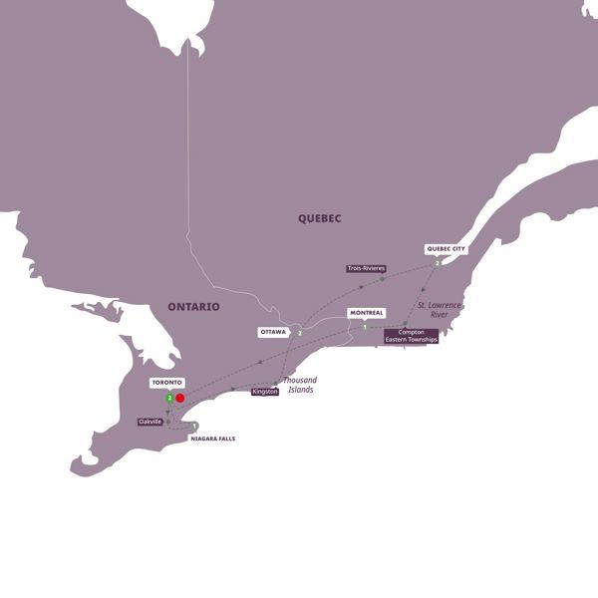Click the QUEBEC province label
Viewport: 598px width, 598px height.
(319, 217)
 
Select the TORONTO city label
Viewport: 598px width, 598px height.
(165, 382)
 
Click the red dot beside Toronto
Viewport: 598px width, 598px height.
(180, 398)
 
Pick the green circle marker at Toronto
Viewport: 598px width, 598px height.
(169, 398)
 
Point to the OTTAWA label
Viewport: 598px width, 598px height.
(273, 332)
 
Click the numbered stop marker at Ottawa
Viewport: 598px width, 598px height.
(299, 332)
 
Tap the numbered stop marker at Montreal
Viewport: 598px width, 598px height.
(365, 327)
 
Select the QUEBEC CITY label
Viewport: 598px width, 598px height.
(446, 249)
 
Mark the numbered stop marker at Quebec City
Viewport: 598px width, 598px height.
(437, 263)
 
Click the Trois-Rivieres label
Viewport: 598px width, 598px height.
(366, 268)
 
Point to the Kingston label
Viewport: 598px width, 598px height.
(264, 392)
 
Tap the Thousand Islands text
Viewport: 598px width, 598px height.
(299, 385)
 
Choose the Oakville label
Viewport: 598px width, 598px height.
(150, 422)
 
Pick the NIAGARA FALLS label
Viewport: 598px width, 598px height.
(212, 439)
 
